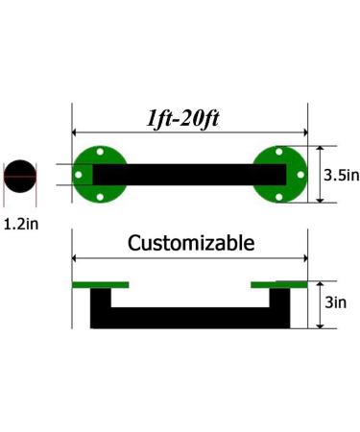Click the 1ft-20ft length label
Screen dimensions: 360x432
[182, 119]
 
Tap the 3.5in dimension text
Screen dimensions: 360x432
[342, 175]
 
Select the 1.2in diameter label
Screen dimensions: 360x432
[21, 224]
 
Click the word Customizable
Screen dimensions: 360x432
[191, 243]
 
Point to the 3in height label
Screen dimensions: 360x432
[336, 302]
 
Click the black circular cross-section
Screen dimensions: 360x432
[20, 176]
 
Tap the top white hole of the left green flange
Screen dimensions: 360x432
[100, 152]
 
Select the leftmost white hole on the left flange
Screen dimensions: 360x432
[78, 175]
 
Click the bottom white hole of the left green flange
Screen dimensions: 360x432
[100, 197]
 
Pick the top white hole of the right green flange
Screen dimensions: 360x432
[279, 152]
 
